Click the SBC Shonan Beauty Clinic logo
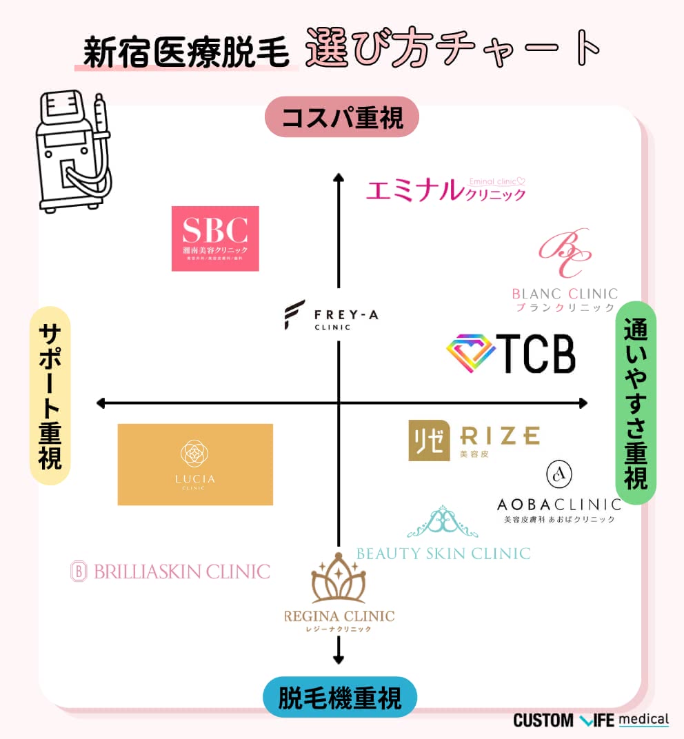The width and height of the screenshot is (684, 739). [x=215, y=238]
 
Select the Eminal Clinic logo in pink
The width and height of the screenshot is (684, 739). [x=445, y=190]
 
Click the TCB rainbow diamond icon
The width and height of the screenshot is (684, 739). [x=471, y=353]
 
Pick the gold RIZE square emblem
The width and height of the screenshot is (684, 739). [x=429, y=441]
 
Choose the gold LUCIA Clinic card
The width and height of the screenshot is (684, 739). [x=195, y=464]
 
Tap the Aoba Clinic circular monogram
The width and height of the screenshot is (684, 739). [x=559, y=474]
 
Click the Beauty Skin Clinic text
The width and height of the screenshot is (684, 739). [x=443, y=553]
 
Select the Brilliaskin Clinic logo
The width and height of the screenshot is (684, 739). [x=170, y=571]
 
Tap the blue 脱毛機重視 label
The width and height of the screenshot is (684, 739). [x=340, y=698]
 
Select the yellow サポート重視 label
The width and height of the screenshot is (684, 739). [x=49, y=396]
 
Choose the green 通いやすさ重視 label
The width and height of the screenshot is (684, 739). [x=635, y=403]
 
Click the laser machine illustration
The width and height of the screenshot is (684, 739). [x=73, y=151]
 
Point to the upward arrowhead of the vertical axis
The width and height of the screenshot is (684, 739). [x=339, y=180]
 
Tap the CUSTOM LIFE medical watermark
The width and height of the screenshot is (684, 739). [x=591, y=720]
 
